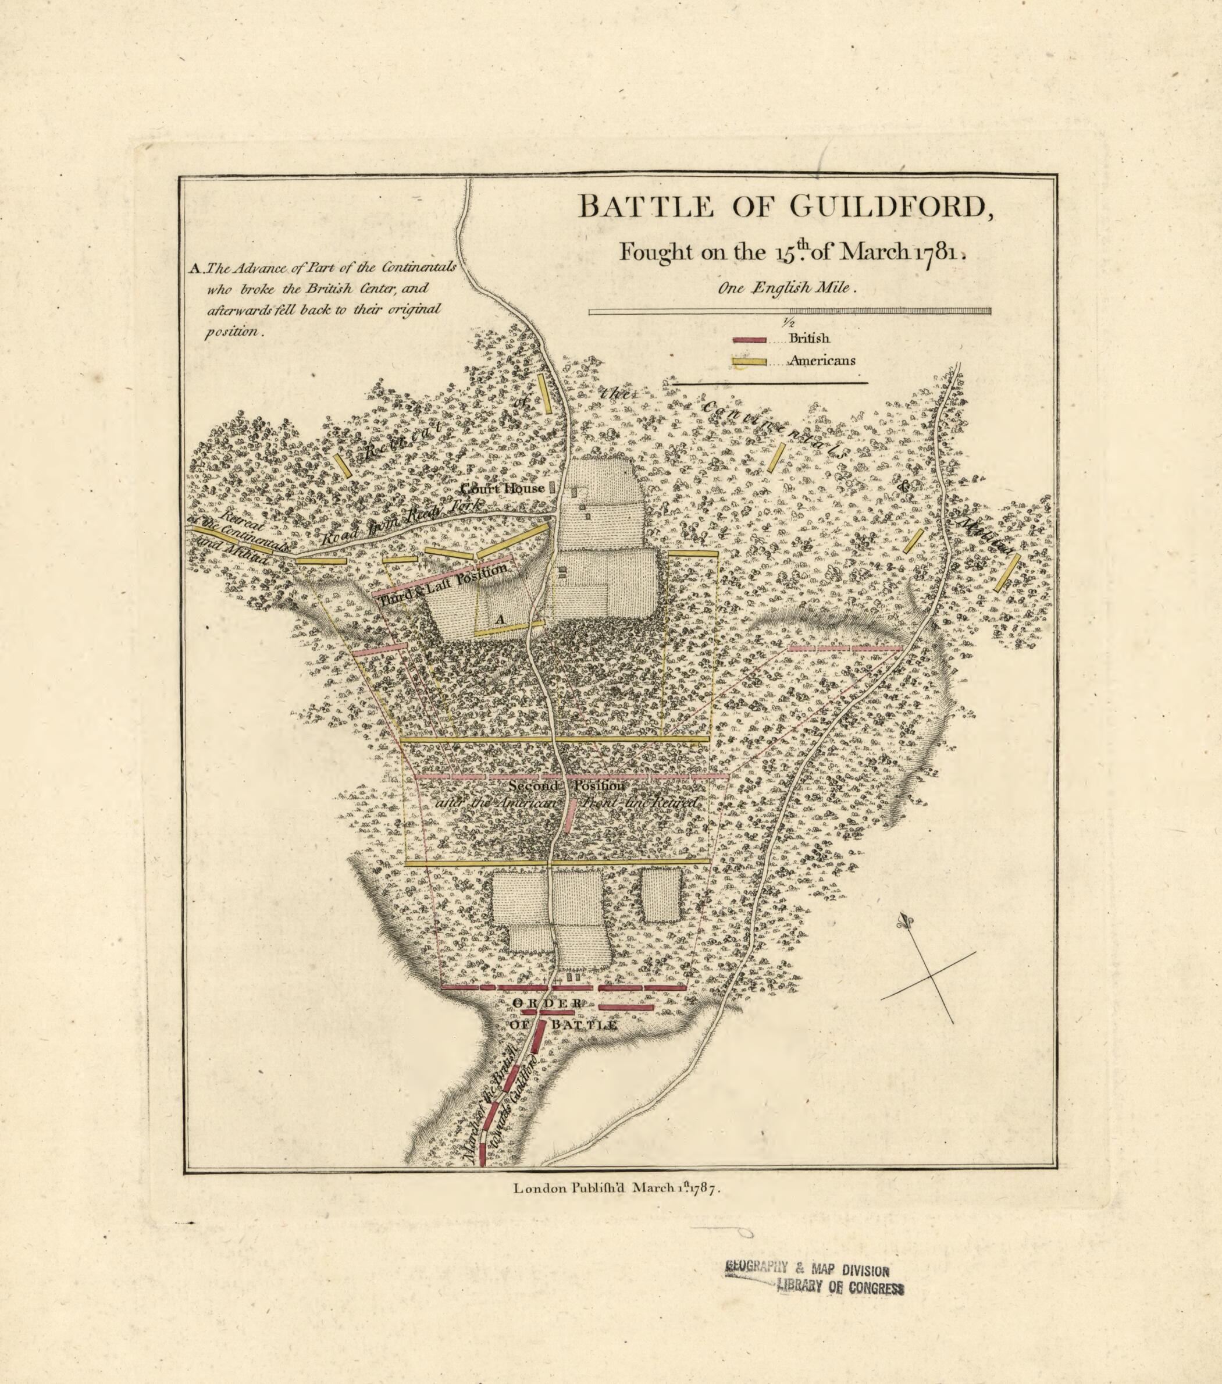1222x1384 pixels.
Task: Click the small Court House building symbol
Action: pos(552,486)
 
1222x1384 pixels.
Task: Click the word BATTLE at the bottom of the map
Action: pos(583,1025)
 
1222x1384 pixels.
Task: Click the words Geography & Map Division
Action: pos(806,1270)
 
